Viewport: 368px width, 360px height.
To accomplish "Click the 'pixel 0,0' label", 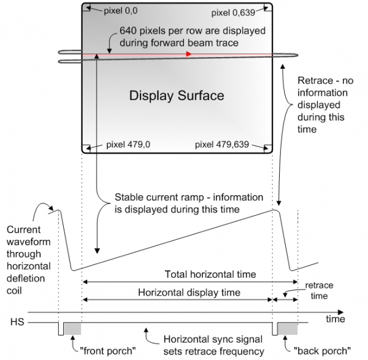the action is click(121, 11).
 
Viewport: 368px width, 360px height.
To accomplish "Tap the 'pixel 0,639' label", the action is click(233, 13).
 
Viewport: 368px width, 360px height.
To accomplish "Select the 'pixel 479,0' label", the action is click(128, 145).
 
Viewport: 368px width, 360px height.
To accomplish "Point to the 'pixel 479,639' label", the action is click(222, 145).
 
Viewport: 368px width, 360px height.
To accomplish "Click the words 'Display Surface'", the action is click(177, 96).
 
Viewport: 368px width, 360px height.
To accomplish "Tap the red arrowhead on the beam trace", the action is click(189, 54).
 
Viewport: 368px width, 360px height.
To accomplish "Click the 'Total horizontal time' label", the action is click(210, 274).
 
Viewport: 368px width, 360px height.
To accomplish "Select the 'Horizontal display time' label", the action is click(189, 293).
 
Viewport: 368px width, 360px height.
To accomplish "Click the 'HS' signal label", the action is click(17, 322).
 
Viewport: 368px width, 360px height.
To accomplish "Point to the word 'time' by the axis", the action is click(335, 319).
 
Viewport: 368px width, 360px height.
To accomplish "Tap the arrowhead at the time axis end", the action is click(340, 312).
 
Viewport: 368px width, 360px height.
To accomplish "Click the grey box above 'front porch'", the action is click(73, 329).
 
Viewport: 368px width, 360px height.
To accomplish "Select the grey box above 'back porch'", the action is click(288, 329).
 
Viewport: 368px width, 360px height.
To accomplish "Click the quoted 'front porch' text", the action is click(108, 351).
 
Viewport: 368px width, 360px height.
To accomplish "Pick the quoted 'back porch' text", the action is click(322, 351).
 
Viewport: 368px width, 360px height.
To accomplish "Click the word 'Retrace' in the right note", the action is click(315, 81).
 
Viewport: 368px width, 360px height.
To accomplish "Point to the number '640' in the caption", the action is click(128, 31).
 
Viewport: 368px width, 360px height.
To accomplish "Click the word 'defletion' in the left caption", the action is click(26, 278).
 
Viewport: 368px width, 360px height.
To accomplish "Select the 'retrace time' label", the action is click(319, 291).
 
